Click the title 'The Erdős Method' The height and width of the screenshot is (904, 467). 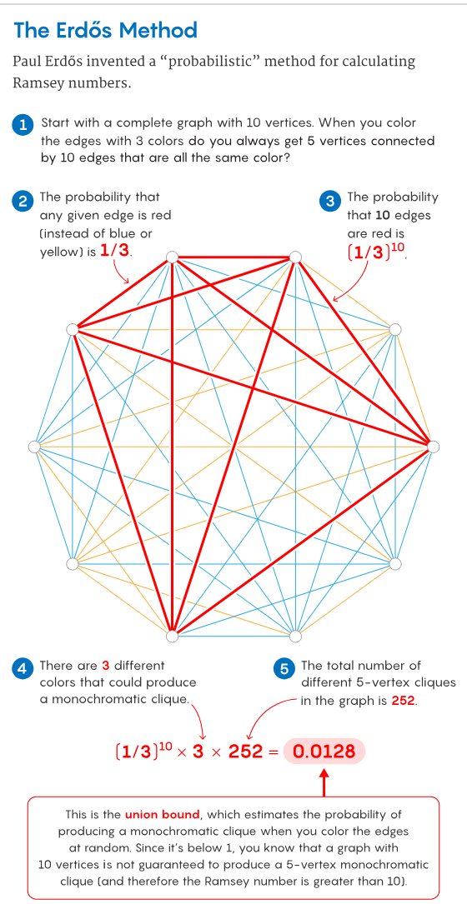click(x=105, y=29)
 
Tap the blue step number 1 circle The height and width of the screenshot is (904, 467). click(x=23, y=124)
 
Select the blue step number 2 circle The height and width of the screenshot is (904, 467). click(x=23, y=200)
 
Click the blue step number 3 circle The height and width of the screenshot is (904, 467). click(x=330, y=200)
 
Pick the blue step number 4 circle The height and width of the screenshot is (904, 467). click(x=23, y=668)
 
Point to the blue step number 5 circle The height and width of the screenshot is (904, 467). click(x=284, y=668)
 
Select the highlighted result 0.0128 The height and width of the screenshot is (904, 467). click(x=324, y=752)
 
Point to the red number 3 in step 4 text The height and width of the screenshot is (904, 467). click(x=106, y=666)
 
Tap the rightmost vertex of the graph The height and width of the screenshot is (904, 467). click(x=433, y=447)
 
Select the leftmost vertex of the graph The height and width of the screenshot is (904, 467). click(x=34, y=447)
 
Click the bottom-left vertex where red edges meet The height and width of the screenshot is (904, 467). click(x=172, y=636)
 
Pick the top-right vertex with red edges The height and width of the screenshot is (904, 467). click(x=295, y=257)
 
